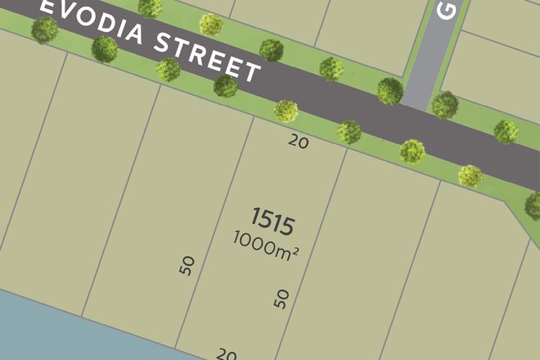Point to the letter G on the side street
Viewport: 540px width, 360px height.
coord(447,10)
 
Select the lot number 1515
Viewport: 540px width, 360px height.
coord(272,219)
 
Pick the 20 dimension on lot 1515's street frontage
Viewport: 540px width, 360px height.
coord(299,142)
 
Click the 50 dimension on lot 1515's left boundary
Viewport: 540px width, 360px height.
coord(187,265)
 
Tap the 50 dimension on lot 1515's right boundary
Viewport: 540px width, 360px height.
coord(282,299)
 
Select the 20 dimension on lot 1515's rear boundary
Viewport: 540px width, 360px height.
coord(226,354)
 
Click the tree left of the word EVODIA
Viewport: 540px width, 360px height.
coord(44,30)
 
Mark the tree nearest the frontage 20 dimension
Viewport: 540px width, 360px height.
coord(286,110)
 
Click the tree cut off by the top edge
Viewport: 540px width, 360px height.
coord(150,8)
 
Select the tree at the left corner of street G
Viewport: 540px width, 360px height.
coord(390,90)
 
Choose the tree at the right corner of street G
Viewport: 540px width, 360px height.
coord(445,104)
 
